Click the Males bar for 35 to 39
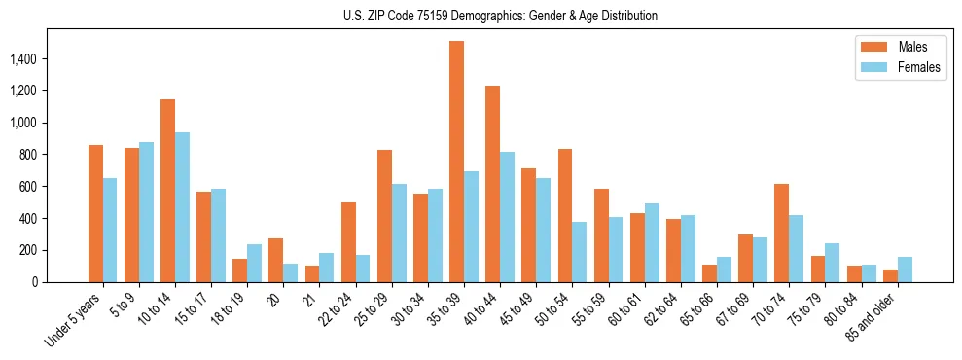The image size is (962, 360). pyautogui.click(x=456, y=162)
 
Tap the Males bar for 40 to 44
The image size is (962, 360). pyautogui.click(x=492, y=184)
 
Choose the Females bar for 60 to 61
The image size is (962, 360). pyautogui.click(x=652, y=242)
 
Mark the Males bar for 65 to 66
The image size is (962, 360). pyautogui.click(x=710, y=273)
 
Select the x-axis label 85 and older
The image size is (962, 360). pyautogui.click(x=875, y=317)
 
